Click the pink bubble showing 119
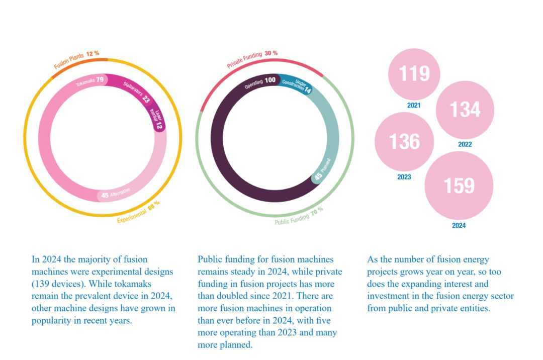(414, 74)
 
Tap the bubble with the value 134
(465, 110)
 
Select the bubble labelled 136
(404, 142)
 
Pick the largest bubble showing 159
(459, 186)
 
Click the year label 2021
(414, 106)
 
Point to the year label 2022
(465, 144)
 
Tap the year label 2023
(404, 177)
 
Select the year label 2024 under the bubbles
(459, 226)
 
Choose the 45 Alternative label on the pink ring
(116, 194)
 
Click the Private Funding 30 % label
(252, 59)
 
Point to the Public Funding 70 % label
(299, 216)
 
